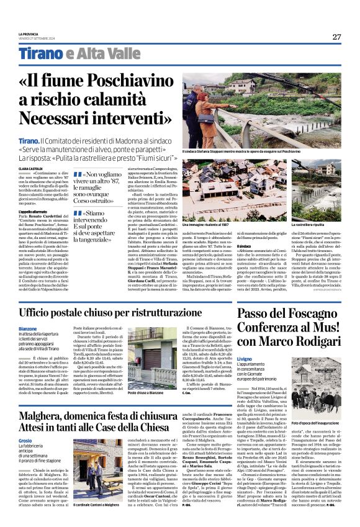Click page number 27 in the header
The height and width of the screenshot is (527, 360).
tap(336, 37)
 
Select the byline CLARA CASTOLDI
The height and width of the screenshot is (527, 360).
tap(30, 168)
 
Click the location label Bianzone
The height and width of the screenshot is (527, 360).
tap(27, 329)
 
